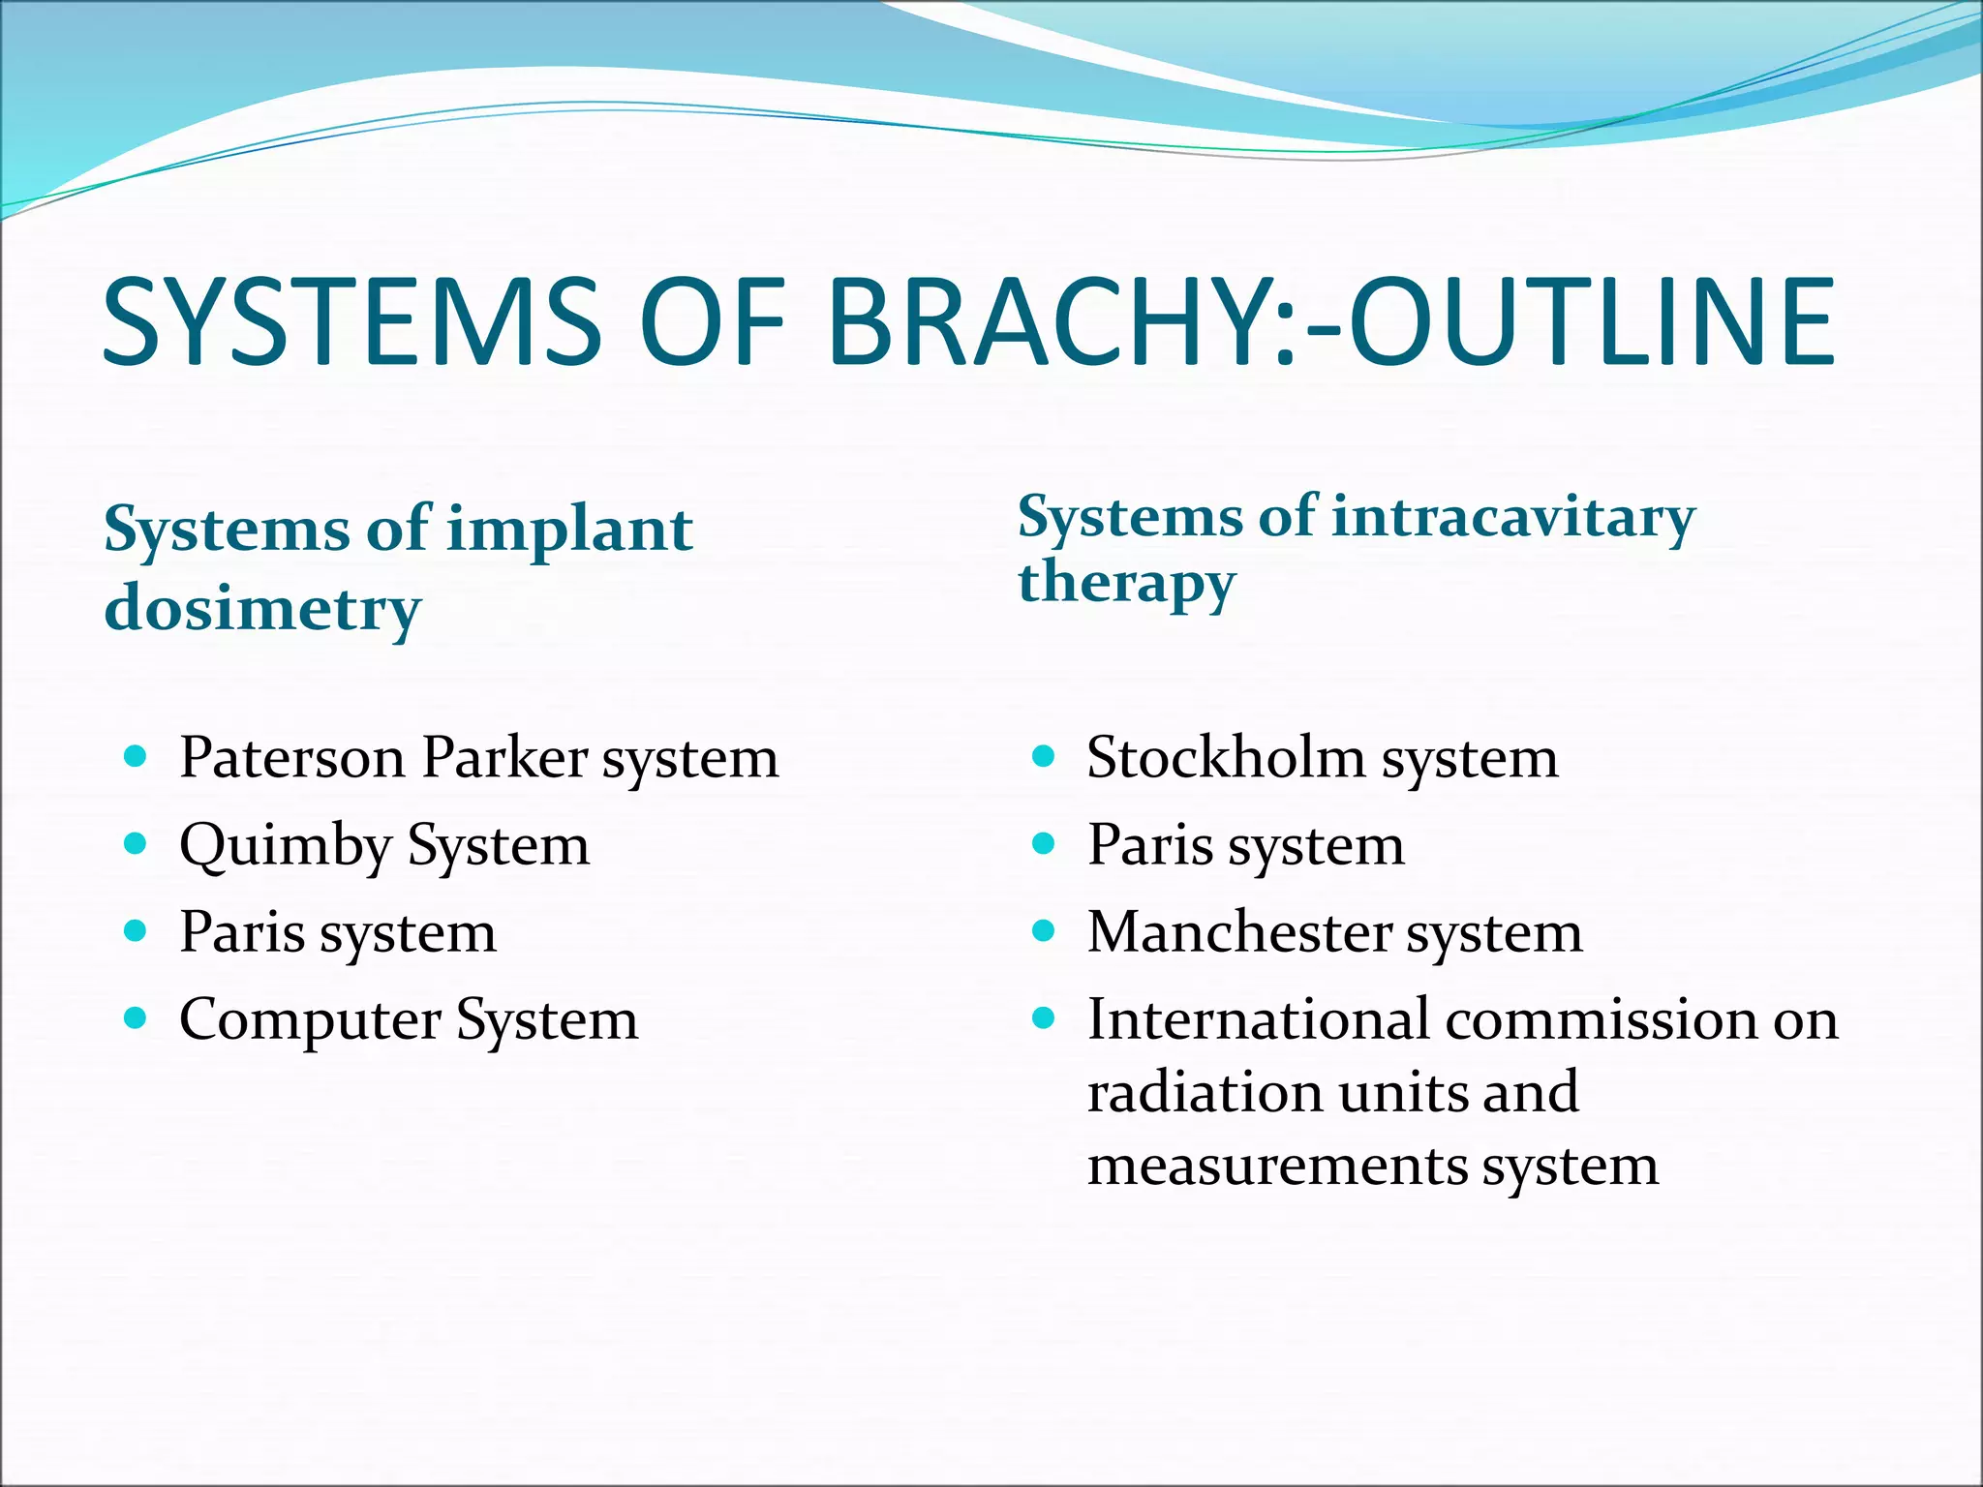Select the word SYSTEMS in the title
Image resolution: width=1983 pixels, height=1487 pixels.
tap(352, 321)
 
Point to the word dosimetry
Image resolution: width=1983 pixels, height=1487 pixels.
tap(262, 610)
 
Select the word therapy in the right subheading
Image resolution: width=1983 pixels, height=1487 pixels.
tap(1127, 584)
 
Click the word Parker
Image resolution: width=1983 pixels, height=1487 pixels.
tap(504, 757)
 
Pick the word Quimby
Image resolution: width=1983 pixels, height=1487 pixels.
tap(285, 846)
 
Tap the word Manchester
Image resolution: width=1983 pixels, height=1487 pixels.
tap(1238, 932)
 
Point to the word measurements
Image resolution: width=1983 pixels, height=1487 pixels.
tap(1276, 1165)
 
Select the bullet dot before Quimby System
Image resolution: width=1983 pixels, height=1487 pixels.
tap(136, 844)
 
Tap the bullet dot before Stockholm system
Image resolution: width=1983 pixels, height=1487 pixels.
tap(1043, 756)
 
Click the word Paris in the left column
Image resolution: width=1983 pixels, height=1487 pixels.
tap(242, 932)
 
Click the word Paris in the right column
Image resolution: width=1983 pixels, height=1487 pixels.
tap(1149, 845)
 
